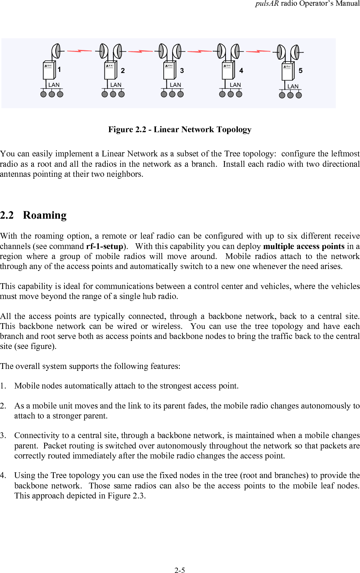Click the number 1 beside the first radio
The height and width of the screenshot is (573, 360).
click(x=59, y=70)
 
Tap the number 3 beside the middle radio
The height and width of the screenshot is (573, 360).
click(x=182, y=71)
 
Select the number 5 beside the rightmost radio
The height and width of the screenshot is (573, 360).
click(x=300, y=71)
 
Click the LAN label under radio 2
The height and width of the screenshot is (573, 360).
click(x=116, y=85)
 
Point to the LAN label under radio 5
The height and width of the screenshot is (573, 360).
click(x=293, y=86)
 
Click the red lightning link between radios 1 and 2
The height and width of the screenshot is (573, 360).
click(x=80, y=51)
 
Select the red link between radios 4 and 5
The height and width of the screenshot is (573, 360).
click(x=258, y=51)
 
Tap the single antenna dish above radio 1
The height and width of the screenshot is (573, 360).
click(x=56, y=51)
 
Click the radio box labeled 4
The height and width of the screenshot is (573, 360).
click(x=228, y=71)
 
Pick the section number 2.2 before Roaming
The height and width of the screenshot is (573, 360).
click(x=7, y=215)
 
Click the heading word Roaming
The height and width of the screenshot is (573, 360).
click(x=45, y=215)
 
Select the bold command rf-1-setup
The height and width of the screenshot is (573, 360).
click(x=104, y=246)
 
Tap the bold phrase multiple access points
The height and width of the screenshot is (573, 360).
click(x=304, y=246)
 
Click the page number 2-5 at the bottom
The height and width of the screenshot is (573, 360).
click(x=180, y=570)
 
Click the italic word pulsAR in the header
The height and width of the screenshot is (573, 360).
click(x=267, y=3)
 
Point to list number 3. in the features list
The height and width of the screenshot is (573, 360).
click(x=3, y=435)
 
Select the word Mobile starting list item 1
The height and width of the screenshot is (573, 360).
click(x=27, y=386)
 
